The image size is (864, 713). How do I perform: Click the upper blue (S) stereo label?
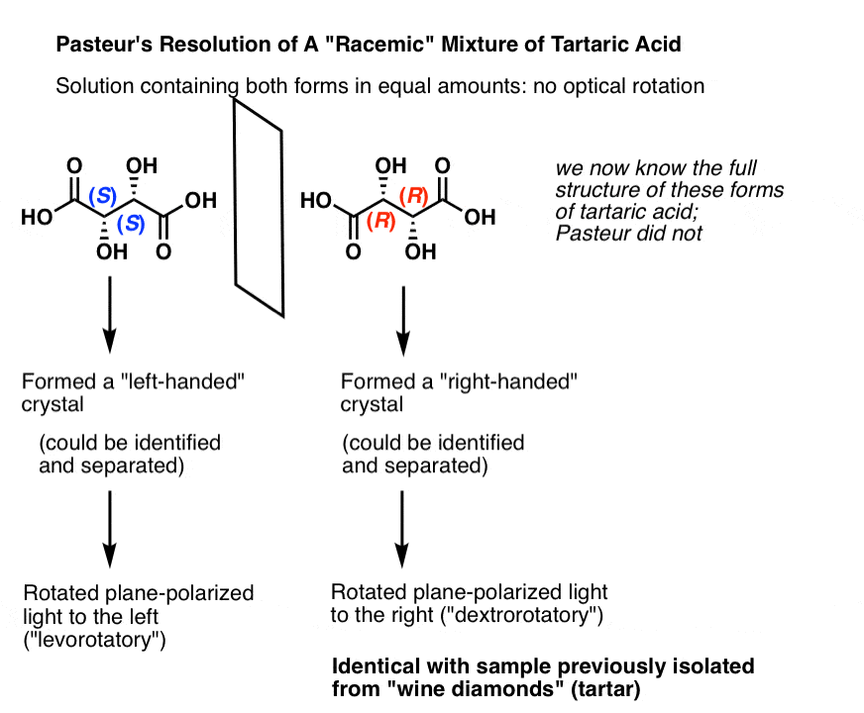(x=103, y=195)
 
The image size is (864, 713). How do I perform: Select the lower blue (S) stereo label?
(x=131, y=224)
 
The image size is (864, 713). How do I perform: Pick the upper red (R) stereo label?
(x=414, y=196)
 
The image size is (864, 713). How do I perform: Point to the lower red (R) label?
(x=381, y=222)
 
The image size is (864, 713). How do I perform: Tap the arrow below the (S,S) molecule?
(x=110, y=314)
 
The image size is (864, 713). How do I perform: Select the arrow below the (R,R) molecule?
(x=403, y=321)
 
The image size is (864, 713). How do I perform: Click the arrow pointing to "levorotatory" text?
(x=110, y=529)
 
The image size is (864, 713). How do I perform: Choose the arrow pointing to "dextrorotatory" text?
(x=402, y=529)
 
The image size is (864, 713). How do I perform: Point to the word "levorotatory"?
(x=94, y=640)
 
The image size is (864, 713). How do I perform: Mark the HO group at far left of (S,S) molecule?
(x=37, y=217)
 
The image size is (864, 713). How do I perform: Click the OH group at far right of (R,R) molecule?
(x=480, y=217)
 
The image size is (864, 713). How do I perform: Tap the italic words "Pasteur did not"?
(x=629, y=234)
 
